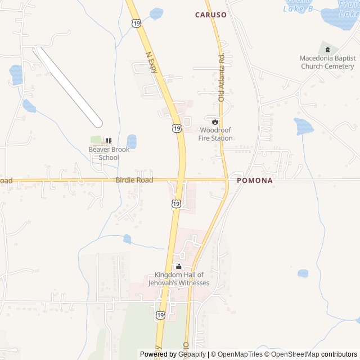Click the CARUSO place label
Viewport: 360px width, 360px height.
(211, 15)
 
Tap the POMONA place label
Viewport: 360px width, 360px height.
(255, 181)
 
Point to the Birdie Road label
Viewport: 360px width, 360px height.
(134, 180)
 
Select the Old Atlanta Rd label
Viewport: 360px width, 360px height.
(221, 77)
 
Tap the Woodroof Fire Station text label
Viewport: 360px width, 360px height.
(215, 134)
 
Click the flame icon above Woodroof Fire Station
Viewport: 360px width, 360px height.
(215, 121)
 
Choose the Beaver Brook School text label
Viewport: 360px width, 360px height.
(109, 154)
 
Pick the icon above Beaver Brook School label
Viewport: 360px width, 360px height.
(109, 141)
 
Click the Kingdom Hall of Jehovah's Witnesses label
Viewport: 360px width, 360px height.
(179, 279)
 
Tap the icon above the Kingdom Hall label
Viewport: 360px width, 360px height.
(179, 266)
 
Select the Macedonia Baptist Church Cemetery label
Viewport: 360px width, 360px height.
(327, 62)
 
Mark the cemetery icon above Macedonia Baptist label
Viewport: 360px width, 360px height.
(327, 49)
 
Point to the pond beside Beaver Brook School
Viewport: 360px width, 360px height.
(132, 141)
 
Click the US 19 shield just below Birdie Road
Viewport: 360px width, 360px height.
(177, 203)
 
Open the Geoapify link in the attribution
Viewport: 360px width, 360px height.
(193, 354)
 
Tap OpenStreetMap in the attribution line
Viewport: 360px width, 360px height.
(295, 354)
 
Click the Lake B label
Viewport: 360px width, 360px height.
(298, 8)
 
